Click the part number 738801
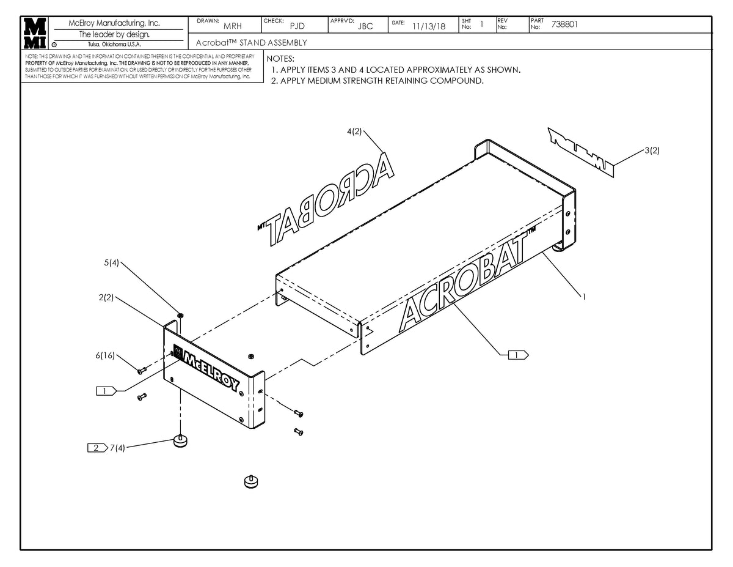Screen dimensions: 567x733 [564, 25]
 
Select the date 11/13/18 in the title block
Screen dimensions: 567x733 [429, 26]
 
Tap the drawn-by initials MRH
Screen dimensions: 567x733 [233, 26]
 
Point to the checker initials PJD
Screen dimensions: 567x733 [297, 26]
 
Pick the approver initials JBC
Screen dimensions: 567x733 [365, 26]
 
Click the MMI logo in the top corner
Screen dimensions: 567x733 [34, 34]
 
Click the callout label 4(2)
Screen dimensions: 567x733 [354, 132]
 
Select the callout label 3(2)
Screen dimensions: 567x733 [651, 150]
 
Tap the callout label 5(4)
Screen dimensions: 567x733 [111, 263]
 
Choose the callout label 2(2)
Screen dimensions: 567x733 [106, 298]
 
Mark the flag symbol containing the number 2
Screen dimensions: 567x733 [97, 448]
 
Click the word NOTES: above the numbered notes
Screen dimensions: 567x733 [280, 59]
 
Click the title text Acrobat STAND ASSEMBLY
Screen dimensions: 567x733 [252, 43]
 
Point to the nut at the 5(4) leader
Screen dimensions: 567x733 [181, 315]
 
